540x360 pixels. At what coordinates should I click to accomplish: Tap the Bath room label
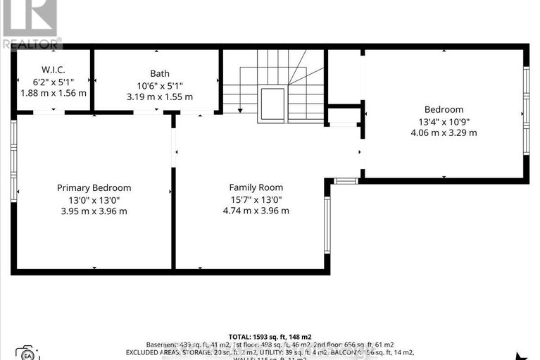[160, 73]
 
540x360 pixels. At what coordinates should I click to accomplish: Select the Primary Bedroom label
[94, 187]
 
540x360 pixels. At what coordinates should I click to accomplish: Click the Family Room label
[256, 187]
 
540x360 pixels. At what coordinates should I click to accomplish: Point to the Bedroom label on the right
[444, 109]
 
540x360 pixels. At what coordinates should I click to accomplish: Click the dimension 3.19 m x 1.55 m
[160, 97]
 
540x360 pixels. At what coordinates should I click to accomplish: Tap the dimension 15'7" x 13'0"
[256, 199]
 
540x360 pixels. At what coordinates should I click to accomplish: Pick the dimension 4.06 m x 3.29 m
[444, 132]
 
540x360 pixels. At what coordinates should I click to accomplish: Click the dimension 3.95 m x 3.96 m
[94, 211]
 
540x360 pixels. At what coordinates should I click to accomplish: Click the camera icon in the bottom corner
[26, 352]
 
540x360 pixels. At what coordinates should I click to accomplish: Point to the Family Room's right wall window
[327, 224]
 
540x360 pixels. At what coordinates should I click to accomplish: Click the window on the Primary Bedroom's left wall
[13, 161]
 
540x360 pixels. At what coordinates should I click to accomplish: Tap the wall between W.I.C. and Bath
[92, 80]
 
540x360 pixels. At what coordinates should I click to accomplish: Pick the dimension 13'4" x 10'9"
[444, 121]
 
